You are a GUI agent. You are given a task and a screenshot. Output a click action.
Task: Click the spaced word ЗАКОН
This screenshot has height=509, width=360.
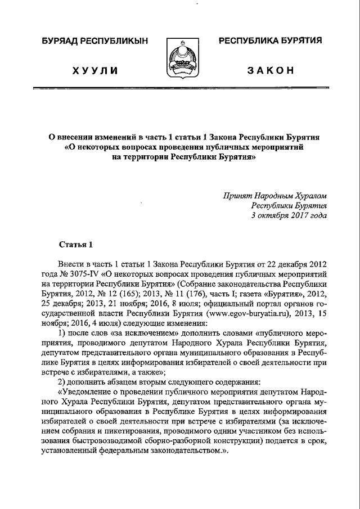point(272,70)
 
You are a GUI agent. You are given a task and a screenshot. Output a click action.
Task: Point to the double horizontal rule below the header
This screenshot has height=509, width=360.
point(180,88)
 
